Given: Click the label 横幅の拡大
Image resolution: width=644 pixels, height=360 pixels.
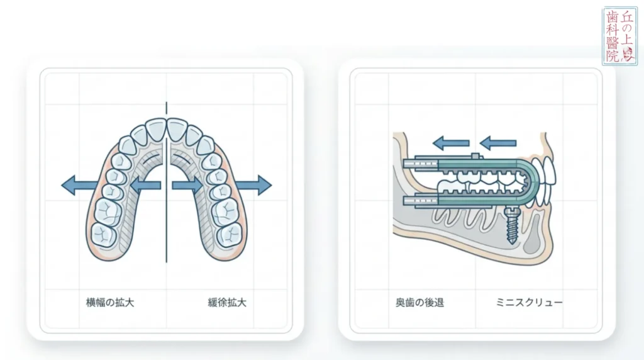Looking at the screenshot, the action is pos(110,303).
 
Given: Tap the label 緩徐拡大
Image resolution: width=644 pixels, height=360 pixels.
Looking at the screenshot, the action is pos(227,303).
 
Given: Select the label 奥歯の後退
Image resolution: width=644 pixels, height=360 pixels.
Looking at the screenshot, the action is pos(419,303).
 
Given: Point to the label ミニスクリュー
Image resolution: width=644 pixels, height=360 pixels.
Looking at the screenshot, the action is pos(530,303).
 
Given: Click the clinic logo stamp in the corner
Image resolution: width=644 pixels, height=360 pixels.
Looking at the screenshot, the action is pos(620,36).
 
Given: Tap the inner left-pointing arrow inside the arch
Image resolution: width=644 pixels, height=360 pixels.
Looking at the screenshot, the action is pos(146,185).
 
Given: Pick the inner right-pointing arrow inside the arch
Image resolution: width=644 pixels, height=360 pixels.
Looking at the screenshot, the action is pos(187,185).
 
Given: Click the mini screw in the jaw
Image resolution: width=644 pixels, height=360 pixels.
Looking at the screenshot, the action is pos(511,225).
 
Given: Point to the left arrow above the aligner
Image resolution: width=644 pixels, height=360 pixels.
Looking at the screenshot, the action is pos(451,143).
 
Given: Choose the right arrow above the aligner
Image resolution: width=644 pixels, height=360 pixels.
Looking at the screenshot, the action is pos(498,143).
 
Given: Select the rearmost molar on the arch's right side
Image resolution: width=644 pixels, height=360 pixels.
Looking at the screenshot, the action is pos(229,235).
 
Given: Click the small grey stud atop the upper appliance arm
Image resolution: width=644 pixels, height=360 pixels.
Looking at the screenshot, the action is pos(475,155).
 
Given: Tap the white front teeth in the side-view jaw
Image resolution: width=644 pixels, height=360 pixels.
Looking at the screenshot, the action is pos(545,181).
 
